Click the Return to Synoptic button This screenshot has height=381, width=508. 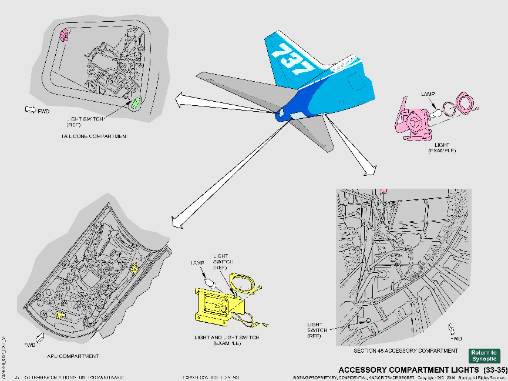(x=483, y=356)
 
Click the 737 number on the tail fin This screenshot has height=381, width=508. (x=292, y=59)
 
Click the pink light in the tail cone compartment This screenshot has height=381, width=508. (x=65, y=35)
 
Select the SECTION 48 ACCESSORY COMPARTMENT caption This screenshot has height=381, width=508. (x=405, y=350)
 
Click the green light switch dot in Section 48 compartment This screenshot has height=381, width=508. (x=368, y=320)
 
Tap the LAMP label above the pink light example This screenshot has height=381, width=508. (x=428, y=94)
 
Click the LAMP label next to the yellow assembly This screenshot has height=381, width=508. (x=196, y=262)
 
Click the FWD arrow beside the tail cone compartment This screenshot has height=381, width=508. (x=31, y=109)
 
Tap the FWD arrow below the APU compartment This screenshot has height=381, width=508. (x=40, y=337)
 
